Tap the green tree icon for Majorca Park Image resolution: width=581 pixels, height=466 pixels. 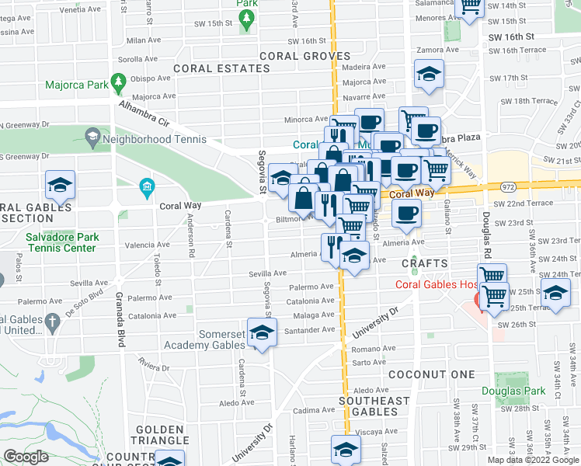coord(118,80)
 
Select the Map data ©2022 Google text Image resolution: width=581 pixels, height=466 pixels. coord(533,460)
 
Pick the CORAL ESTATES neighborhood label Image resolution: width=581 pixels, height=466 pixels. coord(221,68)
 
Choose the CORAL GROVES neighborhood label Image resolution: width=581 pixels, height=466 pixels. coord(301,56)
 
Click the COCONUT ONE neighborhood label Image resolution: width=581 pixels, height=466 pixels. coord(431,374)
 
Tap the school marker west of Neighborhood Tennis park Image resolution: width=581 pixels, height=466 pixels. coord(60,186)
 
